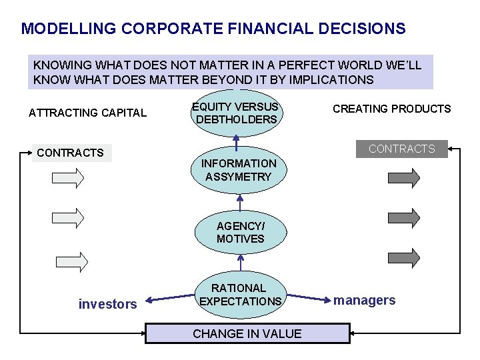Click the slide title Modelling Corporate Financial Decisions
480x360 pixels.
tap(213, 29)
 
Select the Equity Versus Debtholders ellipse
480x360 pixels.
tap(236, 113)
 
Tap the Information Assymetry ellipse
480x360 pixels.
tap(239, 170)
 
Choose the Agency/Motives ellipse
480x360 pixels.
tap(240, 232)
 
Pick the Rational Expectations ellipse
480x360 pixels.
tap(240, 295)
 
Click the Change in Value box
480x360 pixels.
tap(247, 333)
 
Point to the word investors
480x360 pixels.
tap(107, 305)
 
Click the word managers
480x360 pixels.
tap(365, 300)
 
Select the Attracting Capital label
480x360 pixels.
tap(87, 113)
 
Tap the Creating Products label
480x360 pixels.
tap(391, 109)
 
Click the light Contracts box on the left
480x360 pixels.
tap(71, 153)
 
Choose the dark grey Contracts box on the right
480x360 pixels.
tap(401, 149)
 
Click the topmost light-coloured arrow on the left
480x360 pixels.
tap(69, 178)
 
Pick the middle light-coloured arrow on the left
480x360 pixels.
tap(69, 217)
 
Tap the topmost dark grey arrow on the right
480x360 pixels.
tap(404, 178)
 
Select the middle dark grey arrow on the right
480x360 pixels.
tap(404, 217)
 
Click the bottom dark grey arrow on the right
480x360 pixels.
tap(404, 258)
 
